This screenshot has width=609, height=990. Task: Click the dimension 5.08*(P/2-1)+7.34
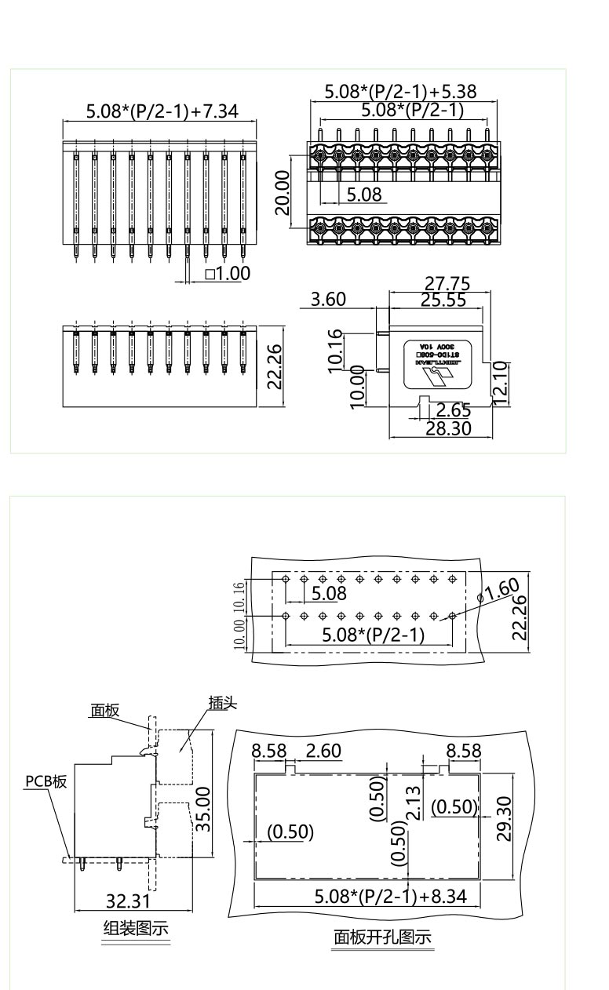point(161,111)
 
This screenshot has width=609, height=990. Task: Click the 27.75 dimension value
point(447,284)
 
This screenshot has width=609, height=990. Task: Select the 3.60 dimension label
point(328,299)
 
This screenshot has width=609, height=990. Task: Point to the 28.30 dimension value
point(447,428)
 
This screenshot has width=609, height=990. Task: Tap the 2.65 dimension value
point(453,410)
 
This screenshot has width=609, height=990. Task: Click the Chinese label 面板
point(104,711)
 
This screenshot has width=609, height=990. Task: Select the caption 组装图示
point(136,929)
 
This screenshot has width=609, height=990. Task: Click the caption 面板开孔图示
point(382,937)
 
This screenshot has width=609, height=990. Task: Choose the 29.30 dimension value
point(505,818)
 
